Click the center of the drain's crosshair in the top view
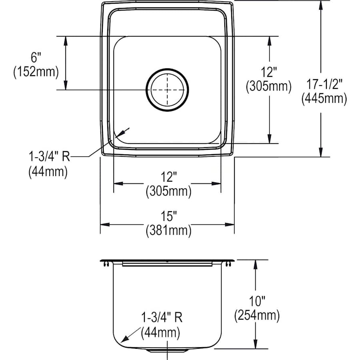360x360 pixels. tap(167, 90)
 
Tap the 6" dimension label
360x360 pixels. tap(35, 58)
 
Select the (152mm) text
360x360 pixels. tap(35, 72)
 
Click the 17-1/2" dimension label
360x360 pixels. tap(324, 83)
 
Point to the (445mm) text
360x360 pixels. tap(324, 98)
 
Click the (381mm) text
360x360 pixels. tap(168, 230)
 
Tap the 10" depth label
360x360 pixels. tap(256, 300)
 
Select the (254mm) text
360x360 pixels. tap(256, 316)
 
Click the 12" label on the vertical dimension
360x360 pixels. tap(268, 72)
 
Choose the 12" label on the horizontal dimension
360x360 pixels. tap(168, 176)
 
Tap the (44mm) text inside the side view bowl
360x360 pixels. tap(160, 332)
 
